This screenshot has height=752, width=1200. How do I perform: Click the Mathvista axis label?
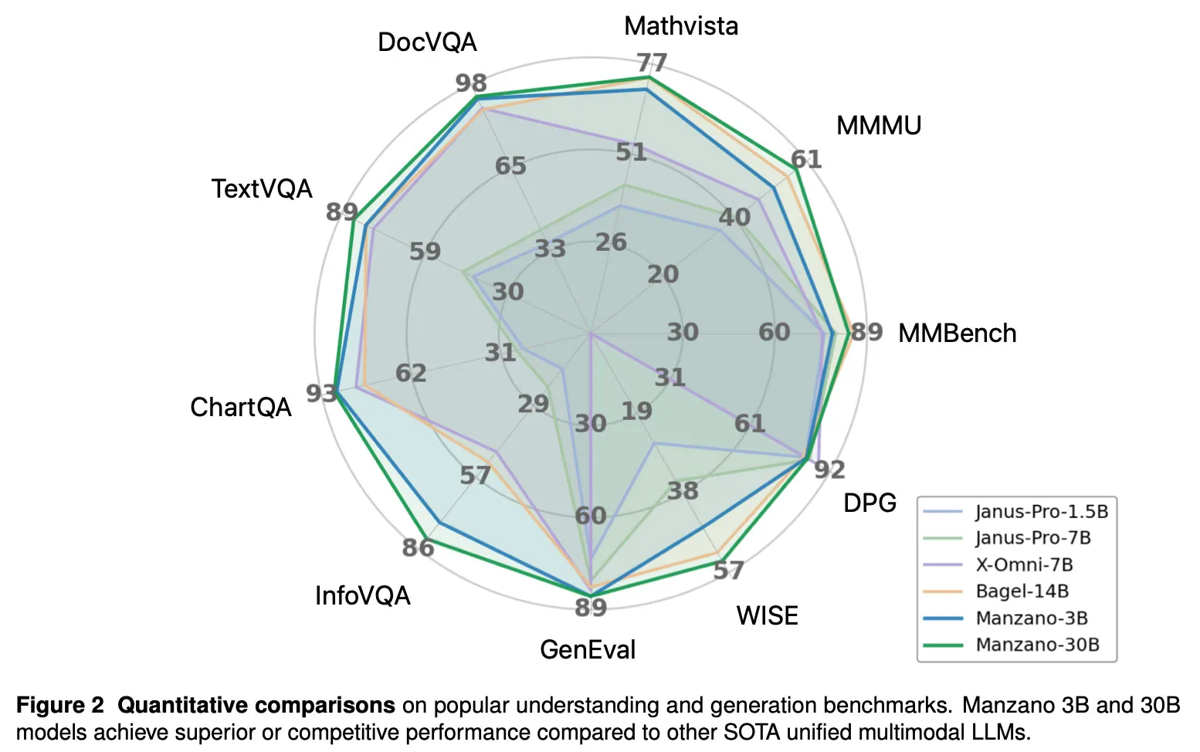pyautogui.click(x=680, y=26)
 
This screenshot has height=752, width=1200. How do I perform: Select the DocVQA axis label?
pyautogui.click(x=427, y=42)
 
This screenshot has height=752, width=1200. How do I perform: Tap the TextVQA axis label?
pyautogui.click(x=262, y=189)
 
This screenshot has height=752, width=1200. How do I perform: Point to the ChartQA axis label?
pyautogui.click(x=241, y=407)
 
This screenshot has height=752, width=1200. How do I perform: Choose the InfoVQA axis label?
pyautogui.click(x=362, y=595)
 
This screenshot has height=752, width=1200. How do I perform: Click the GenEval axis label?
pyautogui.click(x=588, y=649)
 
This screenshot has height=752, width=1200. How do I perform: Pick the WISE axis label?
pyautogui.click(x=767, y=615)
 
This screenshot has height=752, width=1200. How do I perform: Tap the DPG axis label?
pyautogui.click(x=869, y=503)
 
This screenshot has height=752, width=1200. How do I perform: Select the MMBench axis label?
pyautogui.click(x=957, y=334)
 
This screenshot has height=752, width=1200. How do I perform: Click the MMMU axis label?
pyautogui.click(x=879, y=125)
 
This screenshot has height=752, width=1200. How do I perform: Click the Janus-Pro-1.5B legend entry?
pyautogui.click(x=1041, y=512)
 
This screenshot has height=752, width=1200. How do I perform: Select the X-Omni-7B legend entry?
pyautogui.click(x=1024, y=564)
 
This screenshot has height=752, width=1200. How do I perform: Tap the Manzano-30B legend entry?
pyautogui.click(x=1037, y=645)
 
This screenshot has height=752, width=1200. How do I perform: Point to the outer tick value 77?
pyautogui.click(x=652, y=62)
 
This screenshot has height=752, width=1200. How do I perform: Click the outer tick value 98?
pyautogui.click(x=470, y=83)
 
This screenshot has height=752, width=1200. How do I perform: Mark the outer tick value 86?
pyautogui.click(x=418, y=547)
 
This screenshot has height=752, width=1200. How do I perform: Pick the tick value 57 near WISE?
pyautogui.click(x=728, y=571)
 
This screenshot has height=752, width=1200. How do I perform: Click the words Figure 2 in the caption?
pyautogui.click(x=59, y=706)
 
